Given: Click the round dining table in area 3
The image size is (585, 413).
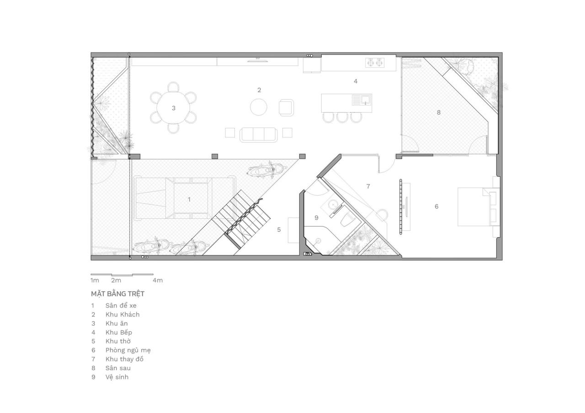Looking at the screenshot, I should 173,108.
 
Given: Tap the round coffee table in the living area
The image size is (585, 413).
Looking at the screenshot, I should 259,107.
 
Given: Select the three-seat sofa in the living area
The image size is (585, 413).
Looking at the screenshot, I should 259,134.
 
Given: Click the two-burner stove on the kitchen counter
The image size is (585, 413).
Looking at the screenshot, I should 374,63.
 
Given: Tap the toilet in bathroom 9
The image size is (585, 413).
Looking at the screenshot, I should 347,221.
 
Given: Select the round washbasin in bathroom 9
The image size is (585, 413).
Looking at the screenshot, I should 333,204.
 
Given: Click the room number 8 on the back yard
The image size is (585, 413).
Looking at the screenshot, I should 439,112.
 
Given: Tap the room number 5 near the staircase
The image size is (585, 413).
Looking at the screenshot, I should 279,229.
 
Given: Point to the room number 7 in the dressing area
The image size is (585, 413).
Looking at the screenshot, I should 368,186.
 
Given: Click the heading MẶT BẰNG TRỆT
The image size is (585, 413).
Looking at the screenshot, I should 117,294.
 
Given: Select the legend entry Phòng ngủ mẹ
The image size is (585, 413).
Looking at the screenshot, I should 128,350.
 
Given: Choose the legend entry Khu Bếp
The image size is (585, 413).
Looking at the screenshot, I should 118,332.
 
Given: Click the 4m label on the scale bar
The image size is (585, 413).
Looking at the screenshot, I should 157,280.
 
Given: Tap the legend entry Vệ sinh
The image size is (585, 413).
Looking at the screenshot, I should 117,377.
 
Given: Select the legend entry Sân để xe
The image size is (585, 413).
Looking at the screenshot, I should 121,305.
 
